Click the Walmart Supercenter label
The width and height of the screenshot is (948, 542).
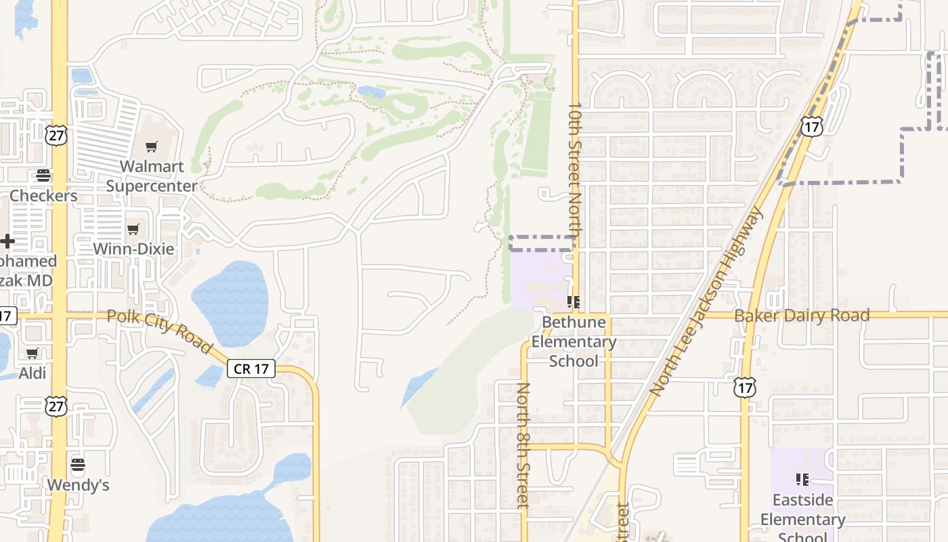[x=152, y=176]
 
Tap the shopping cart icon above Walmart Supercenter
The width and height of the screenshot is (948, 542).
[x=152, y=146]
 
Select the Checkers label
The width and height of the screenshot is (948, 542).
[x=43, y=196]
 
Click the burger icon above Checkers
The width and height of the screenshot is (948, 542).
[x=43, y=175]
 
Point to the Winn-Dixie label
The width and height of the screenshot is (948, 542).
[x=133, y=249]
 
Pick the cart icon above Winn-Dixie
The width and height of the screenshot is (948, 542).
[x=133, y=229]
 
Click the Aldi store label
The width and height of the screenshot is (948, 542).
[x=33, y=373]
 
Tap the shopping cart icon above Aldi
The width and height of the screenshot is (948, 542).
[x=33, y=353]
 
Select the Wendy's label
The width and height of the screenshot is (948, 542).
[x=78, y=485]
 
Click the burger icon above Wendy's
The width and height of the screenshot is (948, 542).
[x=78, y=465]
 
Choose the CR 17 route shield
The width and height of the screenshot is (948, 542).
[x=251, y=369]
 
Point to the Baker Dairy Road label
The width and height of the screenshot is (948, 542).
[x=802, y=315]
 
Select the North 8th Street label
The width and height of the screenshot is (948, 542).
[x=523, y=445]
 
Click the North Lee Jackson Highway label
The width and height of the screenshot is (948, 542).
[x=706, y=301]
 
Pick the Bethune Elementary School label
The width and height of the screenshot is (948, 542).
[x=574, y=341]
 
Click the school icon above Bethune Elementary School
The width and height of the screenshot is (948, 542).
[x=574, y=302]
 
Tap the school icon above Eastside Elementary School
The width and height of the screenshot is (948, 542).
[x=802, y=480]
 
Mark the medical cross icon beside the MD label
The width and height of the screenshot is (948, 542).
[x=7, y=241]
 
